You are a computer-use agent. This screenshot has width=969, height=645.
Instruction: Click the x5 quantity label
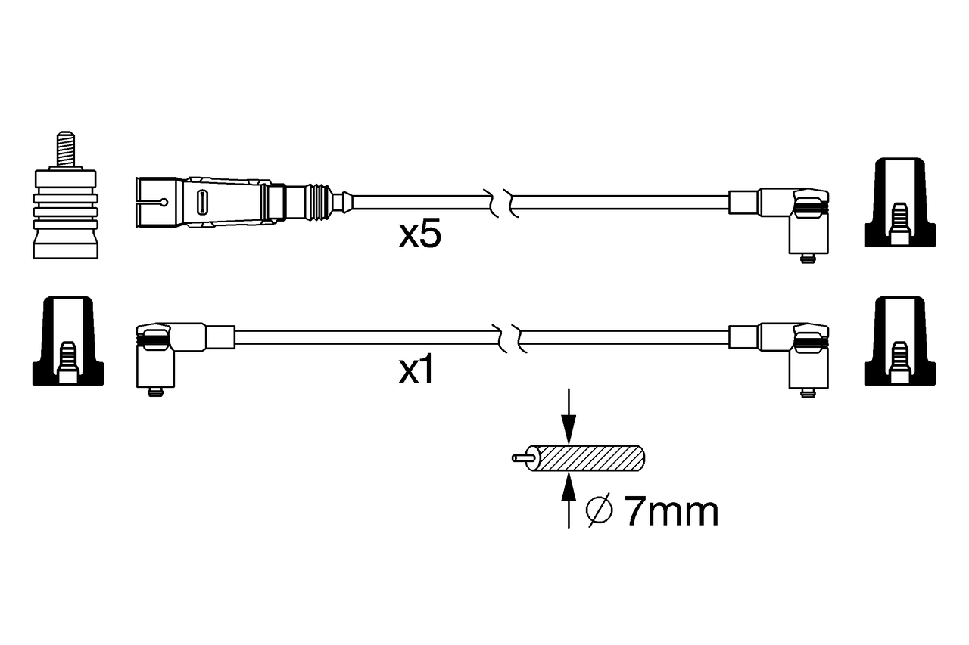pos(419,235)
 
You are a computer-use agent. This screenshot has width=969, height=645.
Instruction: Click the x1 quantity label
pos(416,371)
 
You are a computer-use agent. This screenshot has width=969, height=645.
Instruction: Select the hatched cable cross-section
pos(590,458)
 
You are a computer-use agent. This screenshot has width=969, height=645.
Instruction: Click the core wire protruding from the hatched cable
pos(521,458)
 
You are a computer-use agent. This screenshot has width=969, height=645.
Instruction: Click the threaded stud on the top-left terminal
pos(66,150)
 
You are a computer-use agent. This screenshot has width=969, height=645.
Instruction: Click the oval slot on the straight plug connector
pos(202,202)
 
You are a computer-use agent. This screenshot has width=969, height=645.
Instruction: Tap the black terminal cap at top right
pos(899,203)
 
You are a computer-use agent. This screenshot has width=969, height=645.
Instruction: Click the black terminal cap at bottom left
pos(68,340)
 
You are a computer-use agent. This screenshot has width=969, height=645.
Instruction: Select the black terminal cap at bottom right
pos(899,340)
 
